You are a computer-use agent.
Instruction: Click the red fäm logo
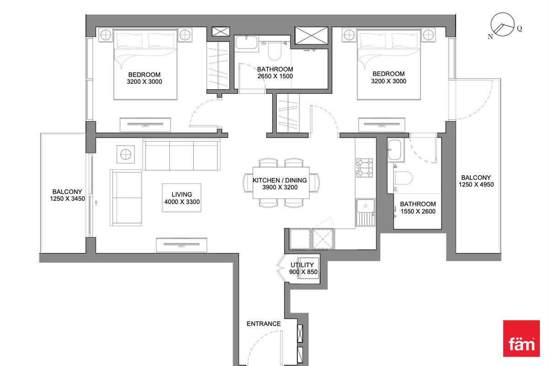coord(521,338)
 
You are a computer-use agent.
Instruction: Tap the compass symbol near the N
coord(502,25)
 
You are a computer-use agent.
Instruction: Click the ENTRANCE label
coord(264,324)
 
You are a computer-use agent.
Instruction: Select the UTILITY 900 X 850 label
coord(303,269)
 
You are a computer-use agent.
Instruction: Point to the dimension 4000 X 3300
coord(182,202)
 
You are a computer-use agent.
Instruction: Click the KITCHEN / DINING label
coord(280,180)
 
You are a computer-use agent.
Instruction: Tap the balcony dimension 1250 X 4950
coord(476,184)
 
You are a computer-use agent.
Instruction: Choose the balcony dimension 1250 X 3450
coord(67,199)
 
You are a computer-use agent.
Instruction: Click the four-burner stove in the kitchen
coord(365,168)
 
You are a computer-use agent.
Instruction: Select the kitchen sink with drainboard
coord(366,212)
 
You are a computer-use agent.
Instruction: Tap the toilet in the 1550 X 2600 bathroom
coord(403,178)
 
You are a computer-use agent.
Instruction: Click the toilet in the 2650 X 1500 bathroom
coord(274,51)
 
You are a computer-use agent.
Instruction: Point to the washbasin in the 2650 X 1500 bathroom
coord(246,43)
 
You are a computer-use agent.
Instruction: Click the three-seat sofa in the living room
coord(182,155)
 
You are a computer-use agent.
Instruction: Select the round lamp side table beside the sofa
coord(125,155)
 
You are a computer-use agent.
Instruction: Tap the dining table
coord(281,183)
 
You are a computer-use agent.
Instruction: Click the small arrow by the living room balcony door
coord(96,203)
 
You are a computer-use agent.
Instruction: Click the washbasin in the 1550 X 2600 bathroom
coord(394,150)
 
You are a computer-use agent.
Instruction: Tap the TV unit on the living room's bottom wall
coord(182,245)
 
